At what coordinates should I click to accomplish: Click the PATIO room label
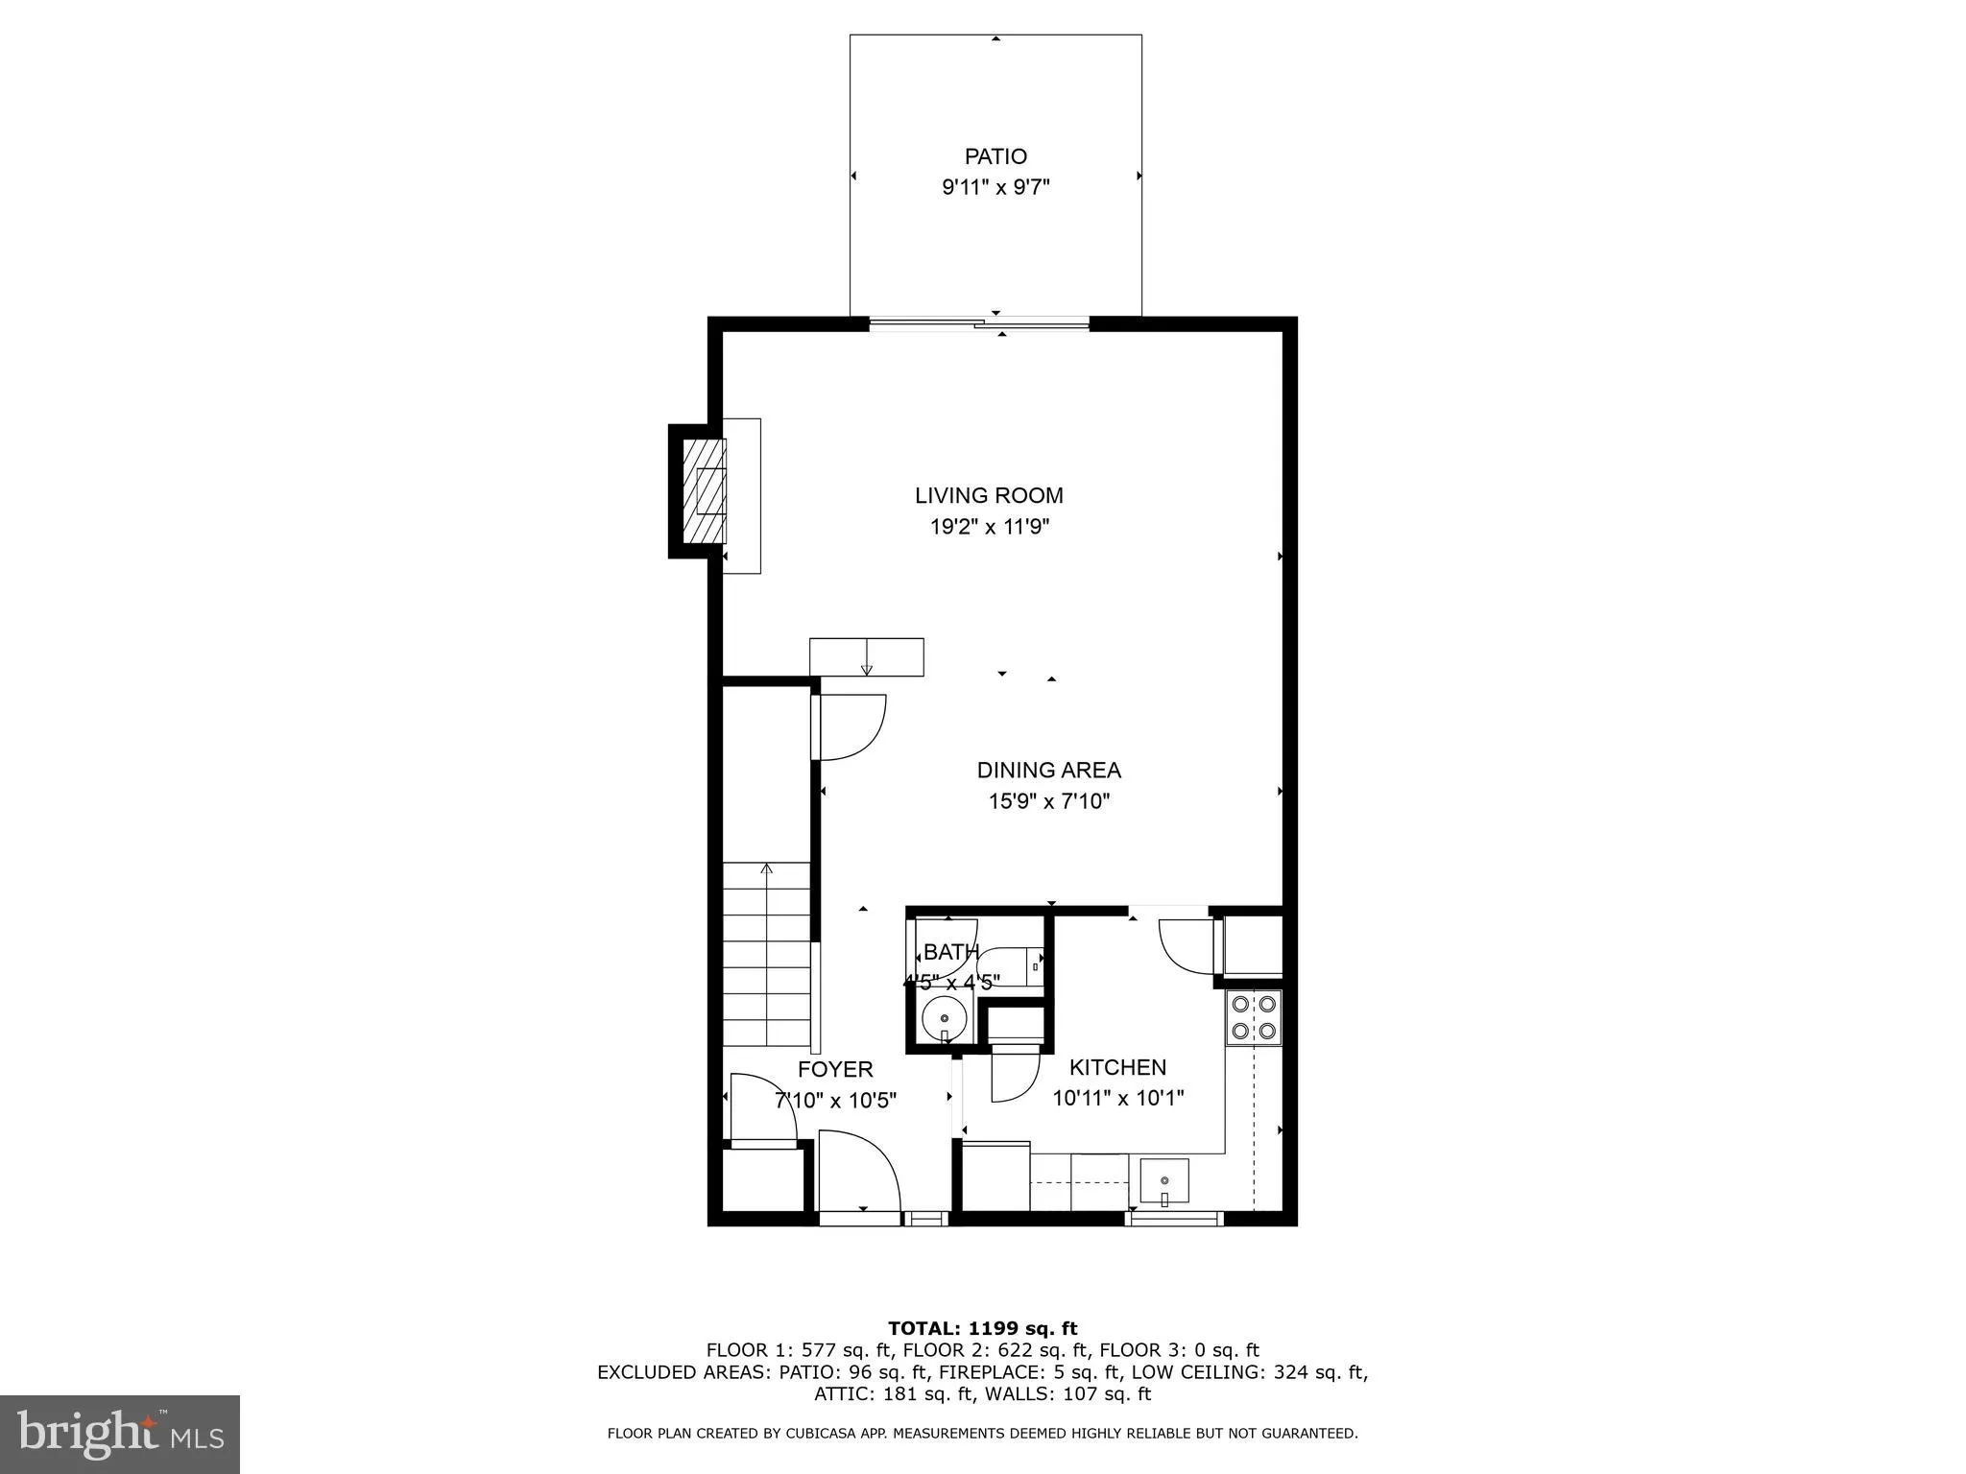995,156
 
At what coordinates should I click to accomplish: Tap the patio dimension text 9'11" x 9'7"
995,187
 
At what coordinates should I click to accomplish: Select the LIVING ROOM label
989,496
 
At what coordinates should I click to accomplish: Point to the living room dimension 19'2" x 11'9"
989,527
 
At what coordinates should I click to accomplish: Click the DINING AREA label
1048,771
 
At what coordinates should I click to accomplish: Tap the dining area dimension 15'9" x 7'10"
1048,801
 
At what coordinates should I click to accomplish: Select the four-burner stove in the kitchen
1254,1017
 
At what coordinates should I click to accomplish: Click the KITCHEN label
1117,1067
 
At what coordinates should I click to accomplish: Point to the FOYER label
835,1069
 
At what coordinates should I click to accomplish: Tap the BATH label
950,952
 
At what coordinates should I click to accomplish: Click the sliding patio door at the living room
979,325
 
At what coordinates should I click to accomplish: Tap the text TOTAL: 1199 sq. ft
982,1328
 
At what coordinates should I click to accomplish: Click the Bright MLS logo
120,1434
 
